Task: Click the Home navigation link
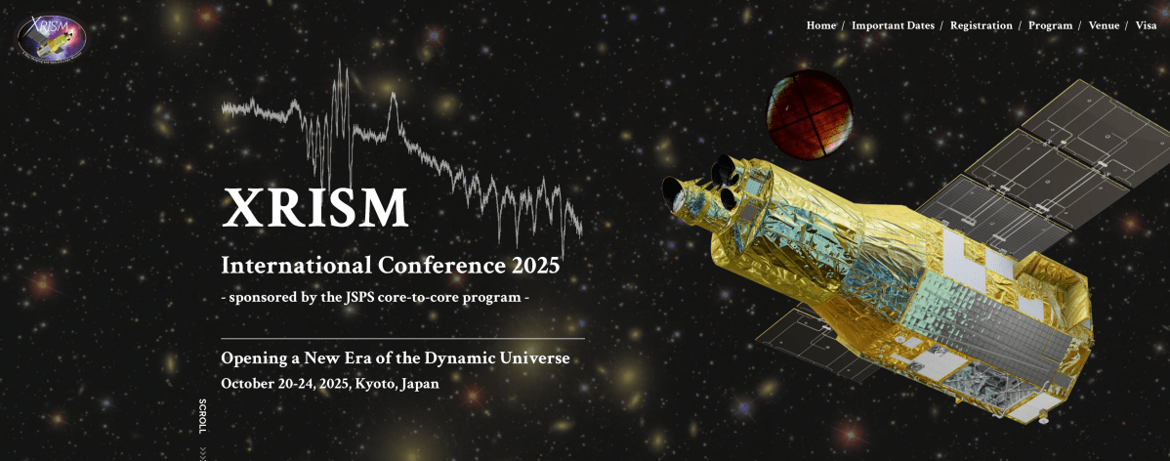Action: click(820, 25)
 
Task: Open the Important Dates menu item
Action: click(893, 25)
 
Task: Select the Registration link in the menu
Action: click(981, 25)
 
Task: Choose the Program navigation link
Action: click(1050, 25)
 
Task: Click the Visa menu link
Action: click(1147, 25)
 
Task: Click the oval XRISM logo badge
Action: click(52, 36)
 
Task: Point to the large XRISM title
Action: click(314, 207)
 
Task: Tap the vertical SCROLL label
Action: click(202, 416)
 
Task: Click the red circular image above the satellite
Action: click(810, 115)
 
